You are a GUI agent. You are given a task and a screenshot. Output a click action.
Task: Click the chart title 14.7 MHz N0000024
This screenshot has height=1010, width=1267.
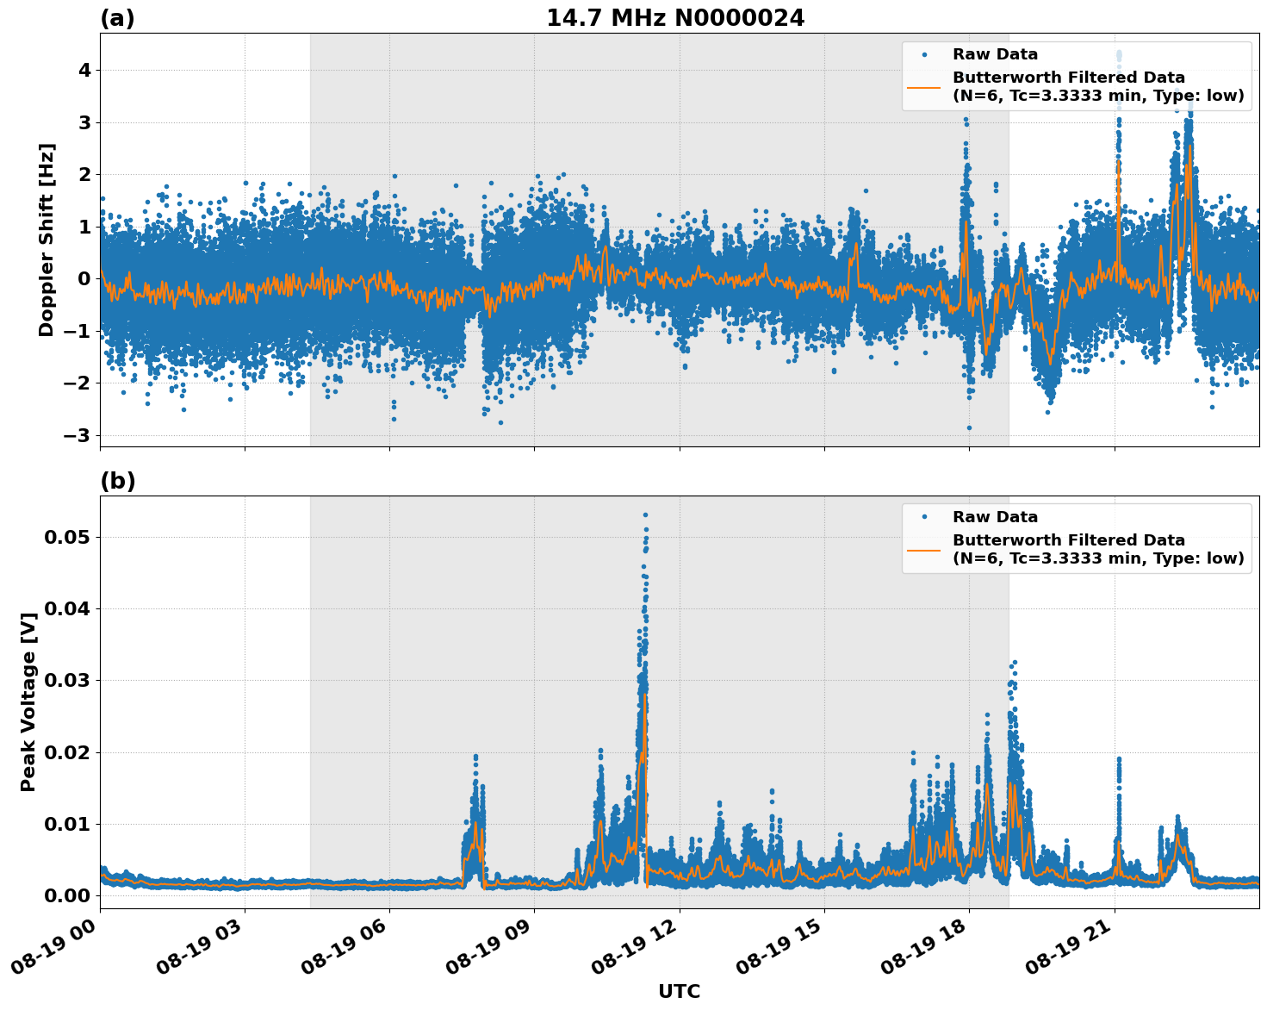(675, 18)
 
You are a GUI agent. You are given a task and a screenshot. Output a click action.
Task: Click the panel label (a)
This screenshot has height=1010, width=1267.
(117, 18)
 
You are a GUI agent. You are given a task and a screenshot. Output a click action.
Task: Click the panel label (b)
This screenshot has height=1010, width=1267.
(117, 481)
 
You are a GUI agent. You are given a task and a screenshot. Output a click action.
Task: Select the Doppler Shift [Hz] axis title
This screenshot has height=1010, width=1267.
(47, 240)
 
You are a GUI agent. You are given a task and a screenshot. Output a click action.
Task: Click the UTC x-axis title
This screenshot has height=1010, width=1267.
(679, 991)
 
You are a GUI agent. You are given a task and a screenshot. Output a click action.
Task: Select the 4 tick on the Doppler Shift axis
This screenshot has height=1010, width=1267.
(84, 70)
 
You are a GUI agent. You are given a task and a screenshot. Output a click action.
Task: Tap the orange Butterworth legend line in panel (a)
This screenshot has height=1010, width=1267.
(923, 86)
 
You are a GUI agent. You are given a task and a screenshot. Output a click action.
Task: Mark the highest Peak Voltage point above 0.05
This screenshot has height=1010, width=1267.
(645, 514)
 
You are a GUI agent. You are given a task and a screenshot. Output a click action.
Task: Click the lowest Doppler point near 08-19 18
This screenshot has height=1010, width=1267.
(969, 427)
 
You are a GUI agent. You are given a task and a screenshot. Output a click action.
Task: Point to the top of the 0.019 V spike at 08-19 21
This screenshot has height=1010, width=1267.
(1119, 758)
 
